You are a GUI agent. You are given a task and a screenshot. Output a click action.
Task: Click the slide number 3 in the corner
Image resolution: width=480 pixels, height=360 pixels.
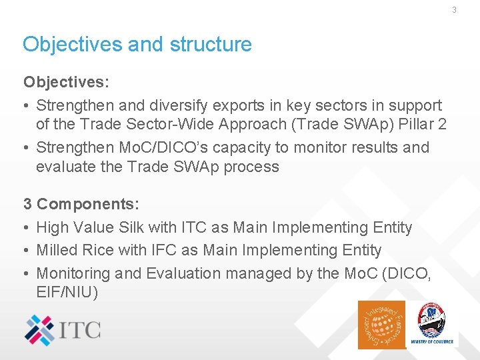point(454,10)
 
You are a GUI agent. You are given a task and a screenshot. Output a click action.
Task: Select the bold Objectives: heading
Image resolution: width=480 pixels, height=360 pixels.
point(66,82)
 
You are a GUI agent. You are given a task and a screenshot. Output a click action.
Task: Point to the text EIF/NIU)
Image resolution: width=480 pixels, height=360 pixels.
point(67,292)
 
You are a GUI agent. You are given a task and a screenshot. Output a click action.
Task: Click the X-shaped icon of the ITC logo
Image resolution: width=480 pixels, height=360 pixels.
point(41,329)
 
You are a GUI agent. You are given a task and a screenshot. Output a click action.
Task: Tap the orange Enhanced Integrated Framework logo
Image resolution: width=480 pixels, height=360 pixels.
point(381,325)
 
